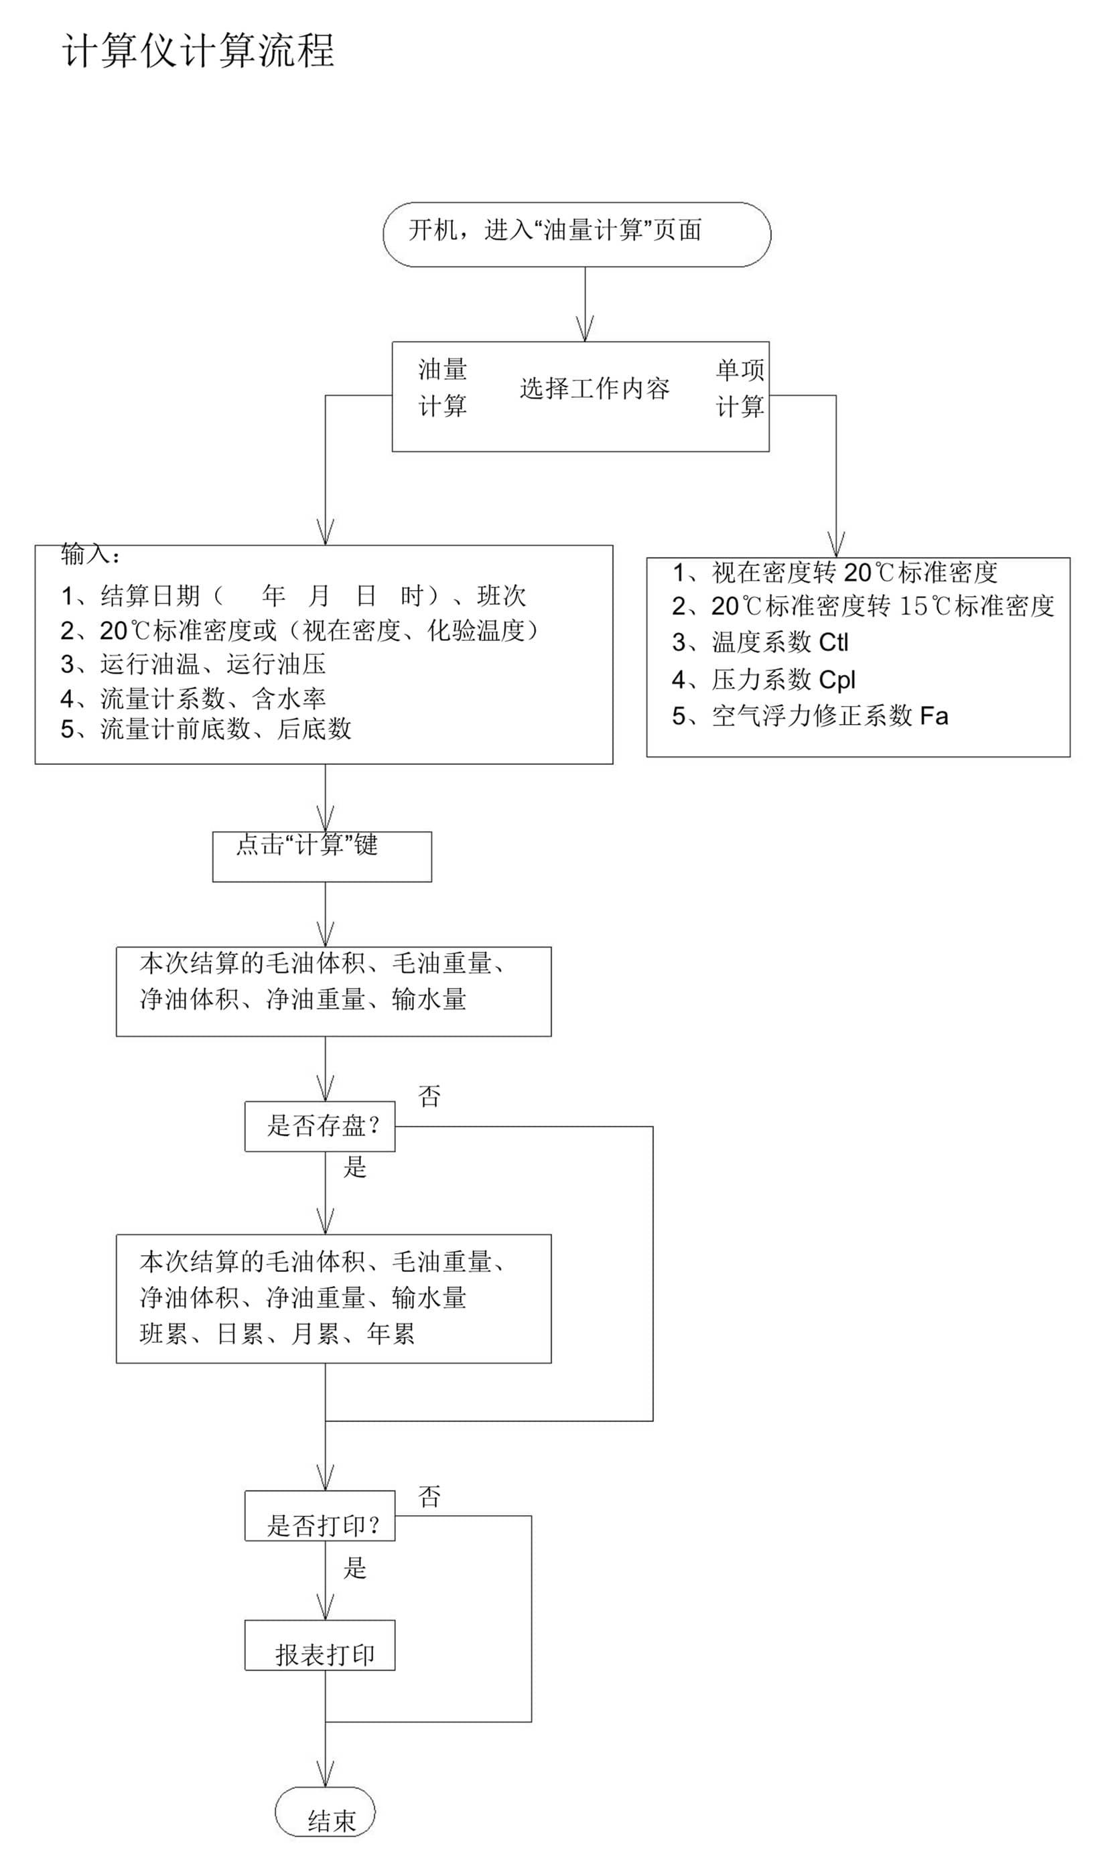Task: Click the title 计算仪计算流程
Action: (x=197, y=52)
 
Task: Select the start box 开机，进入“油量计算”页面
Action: (x=577, y=234)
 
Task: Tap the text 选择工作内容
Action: (x=594, y=388)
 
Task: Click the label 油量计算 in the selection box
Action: (x=443, y=387)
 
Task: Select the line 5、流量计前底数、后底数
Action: (x=206, y=729)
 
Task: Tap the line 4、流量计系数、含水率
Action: (x=194, y=699)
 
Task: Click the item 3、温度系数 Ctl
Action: (x=760, y=642)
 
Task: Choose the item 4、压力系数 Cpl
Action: (x=764, y=679)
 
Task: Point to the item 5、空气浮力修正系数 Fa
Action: (x=810, y=715)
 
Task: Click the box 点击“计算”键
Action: (x=322, y=856)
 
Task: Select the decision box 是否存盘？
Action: (x=320, y=1126)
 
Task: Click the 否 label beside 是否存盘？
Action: (x=429, y=1096)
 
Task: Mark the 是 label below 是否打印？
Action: (x=355, y=1569)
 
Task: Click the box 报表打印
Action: (x=320, y=1655)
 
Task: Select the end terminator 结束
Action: (x=325, y=1820)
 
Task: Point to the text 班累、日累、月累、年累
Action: (x=277, y=1334)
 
